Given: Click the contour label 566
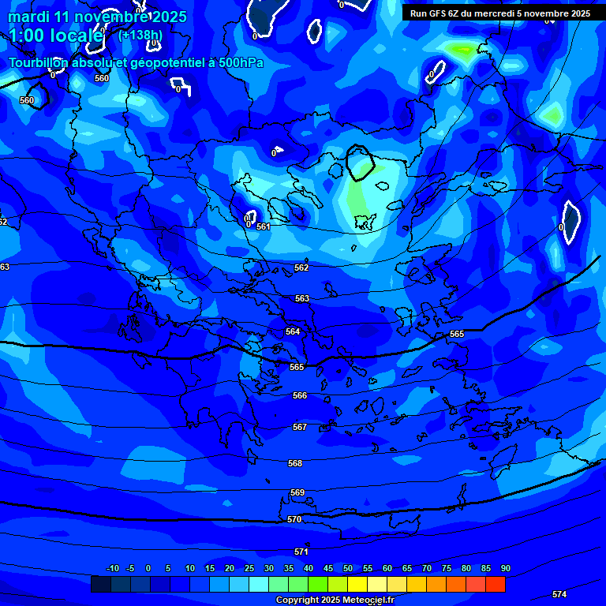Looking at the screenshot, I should (x=299, y=395).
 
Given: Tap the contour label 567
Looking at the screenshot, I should (x=299, y=427).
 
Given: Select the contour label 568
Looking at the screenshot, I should (x=295, y=463).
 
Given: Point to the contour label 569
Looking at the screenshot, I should (x=297, y=492).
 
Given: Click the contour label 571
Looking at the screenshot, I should (x=301, y=552).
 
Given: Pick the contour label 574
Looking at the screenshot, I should (x=559, y=594).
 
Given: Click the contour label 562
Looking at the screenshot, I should (x=301, y=267).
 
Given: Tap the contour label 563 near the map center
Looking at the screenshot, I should (x=301, y=298).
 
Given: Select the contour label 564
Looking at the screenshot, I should (x=293, y=331).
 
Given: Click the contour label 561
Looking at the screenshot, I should (x=263, y=226).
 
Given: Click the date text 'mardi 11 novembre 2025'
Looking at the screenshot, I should (x=97, y=17).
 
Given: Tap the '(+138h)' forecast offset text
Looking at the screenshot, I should (x=140, y=35).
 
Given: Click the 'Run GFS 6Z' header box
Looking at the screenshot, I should (x=499, y=13).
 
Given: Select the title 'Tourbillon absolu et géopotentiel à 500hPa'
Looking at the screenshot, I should (x=136, y=62).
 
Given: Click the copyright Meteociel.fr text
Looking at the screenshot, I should (x=335, y=600).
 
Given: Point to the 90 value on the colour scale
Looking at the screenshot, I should (x=505, y=568).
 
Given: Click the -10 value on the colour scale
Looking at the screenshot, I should (x=112, y=568).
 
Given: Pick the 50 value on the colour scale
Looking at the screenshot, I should (x=348, y=568).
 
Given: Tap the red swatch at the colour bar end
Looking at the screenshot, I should (x=495, y=584).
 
